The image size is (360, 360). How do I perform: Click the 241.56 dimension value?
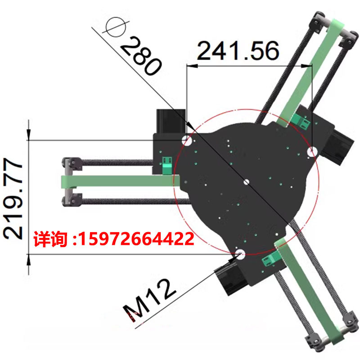tap(238, 51)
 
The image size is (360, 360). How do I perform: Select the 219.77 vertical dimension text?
tap(13, 199)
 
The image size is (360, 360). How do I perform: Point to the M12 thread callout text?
tap(149, 300)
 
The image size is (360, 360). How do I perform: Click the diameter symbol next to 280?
tap(116, 27)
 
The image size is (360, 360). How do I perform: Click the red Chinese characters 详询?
tap(50, 239)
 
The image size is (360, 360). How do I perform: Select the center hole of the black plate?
tap(246, 182)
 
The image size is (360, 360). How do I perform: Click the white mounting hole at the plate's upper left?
tap(187, 140)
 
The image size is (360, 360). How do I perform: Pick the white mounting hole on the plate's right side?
tap(312, 152)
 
